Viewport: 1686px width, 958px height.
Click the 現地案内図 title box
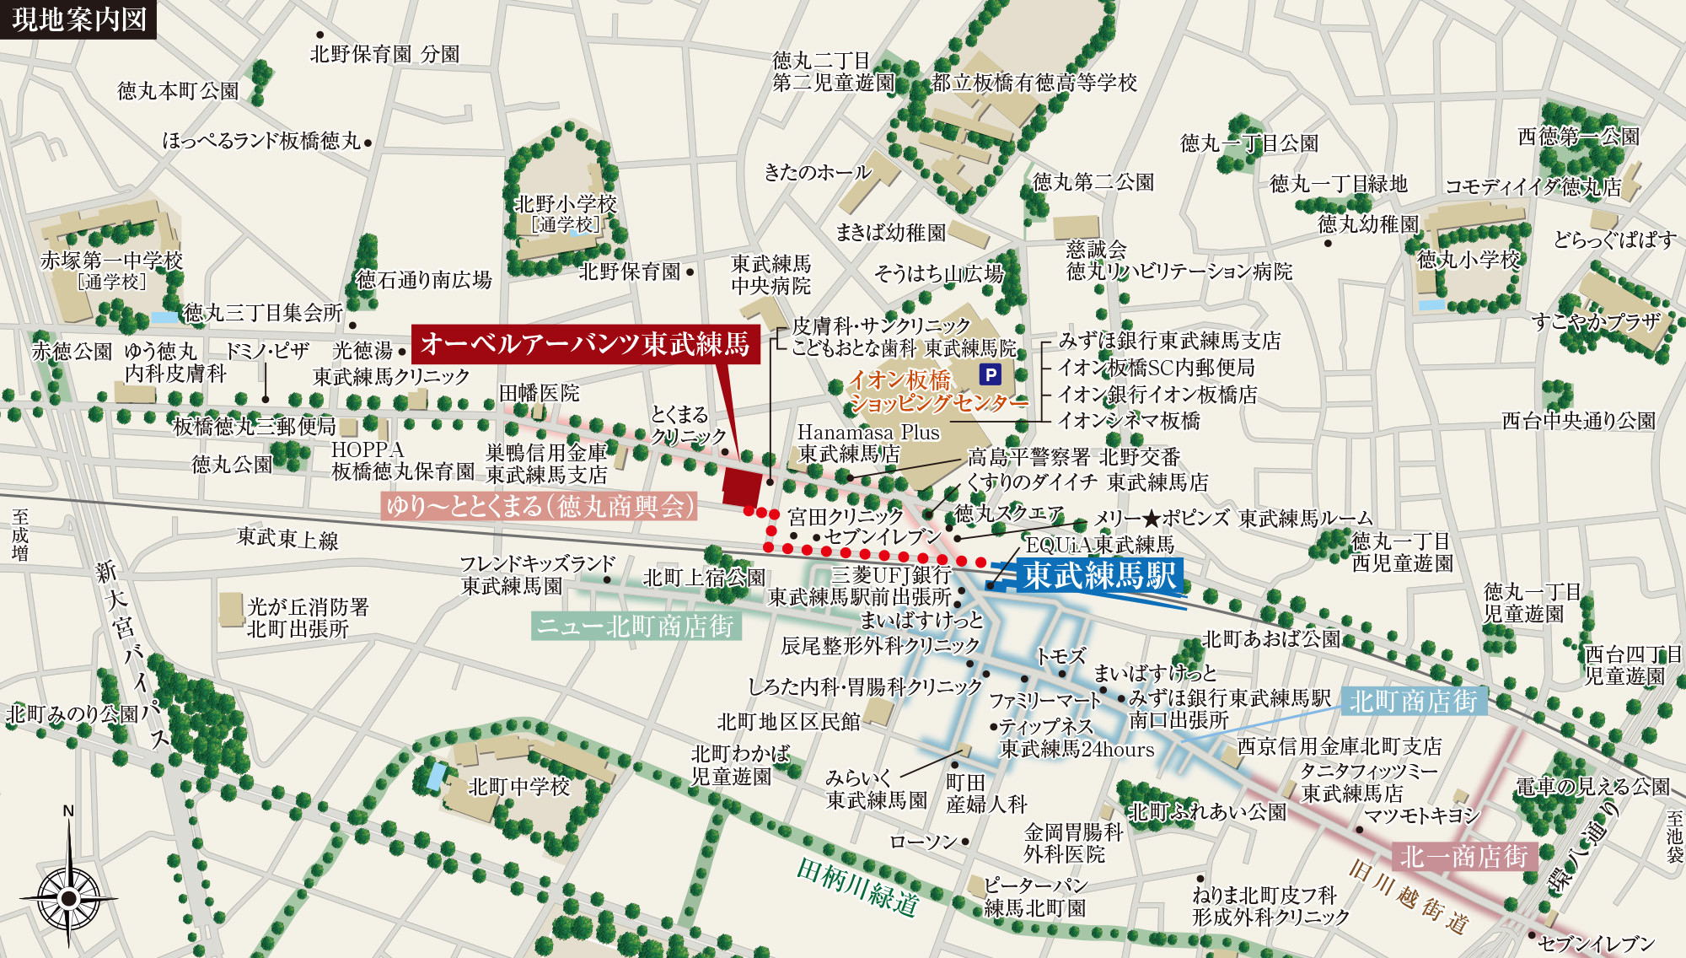79,19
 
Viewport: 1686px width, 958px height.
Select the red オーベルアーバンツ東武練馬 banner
585,343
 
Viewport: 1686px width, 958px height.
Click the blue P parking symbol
991,374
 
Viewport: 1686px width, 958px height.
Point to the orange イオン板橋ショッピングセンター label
936,392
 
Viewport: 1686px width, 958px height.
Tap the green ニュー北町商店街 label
636,626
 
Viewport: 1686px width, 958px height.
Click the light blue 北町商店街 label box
1413,701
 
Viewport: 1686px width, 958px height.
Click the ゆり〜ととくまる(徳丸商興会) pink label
540,505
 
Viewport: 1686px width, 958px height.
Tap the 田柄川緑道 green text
857,888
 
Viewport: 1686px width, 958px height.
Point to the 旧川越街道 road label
1409,897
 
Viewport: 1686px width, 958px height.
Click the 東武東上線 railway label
287,538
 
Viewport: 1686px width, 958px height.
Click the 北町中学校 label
519,787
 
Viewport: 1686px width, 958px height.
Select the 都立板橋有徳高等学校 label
1034,83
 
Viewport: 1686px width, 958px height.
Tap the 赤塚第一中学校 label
111,261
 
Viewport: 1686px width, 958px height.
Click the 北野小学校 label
566,205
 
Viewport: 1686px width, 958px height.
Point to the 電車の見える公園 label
1592,787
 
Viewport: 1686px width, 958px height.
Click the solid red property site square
743,485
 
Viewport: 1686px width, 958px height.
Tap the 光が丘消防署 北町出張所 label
308,617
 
